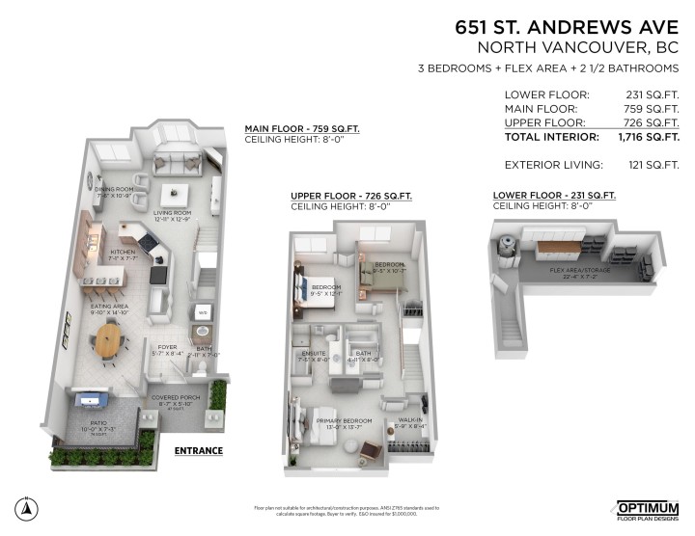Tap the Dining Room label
point(112,189)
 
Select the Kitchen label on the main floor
point(124,254)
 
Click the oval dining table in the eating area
point(109,338)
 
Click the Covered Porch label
point(174,397)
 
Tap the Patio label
point(92,422)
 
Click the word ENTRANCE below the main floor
point(199,451)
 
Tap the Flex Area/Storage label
point(579,271)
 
